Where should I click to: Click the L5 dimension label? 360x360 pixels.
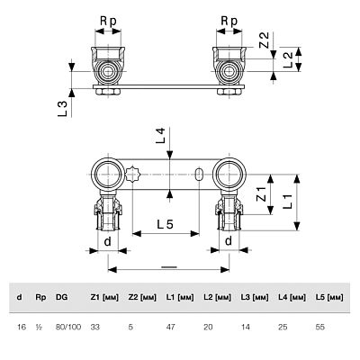pos(165,224)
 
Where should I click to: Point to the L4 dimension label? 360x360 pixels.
pos(161,135)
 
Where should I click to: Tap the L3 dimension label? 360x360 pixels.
pos(62,109)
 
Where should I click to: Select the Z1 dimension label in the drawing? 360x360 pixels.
pos(261,194)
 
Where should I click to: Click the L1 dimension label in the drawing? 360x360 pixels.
pos(287,202)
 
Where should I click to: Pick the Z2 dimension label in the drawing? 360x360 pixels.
pos(264,40)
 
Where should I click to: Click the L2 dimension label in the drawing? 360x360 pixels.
pos(287,59)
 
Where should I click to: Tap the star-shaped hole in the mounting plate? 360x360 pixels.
pos(131,174)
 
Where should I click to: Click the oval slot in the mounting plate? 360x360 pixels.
pos(198,175)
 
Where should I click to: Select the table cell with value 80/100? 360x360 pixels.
pos(68,327)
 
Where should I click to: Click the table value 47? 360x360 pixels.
pos(170,327)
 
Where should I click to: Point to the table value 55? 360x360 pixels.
pos(320,327)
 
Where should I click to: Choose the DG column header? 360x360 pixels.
pos(61,297)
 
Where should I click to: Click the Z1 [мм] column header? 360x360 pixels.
pos(104,298)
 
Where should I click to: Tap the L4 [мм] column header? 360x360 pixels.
pos(292,298)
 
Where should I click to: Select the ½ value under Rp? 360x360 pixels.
pos(39,327)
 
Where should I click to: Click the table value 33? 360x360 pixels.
pos(95,327)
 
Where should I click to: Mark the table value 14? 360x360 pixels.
pos(246,327)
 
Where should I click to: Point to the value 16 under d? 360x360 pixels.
pos(22,327)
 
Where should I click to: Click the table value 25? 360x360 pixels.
pos(283,327)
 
